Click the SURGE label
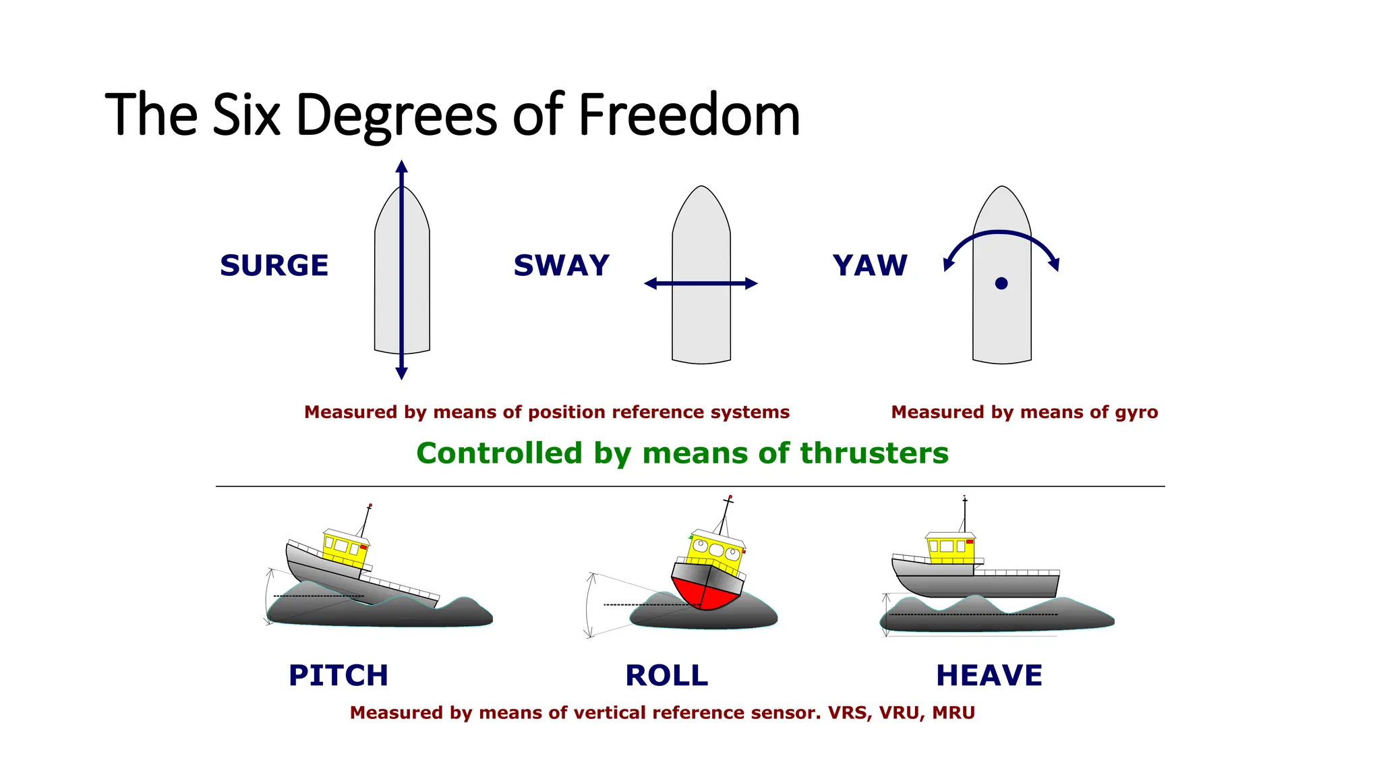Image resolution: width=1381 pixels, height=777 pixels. [x=274, y=265]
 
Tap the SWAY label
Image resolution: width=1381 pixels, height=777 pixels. [x=561, y=265]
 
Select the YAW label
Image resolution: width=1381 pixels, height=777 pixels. [x=870, y=265]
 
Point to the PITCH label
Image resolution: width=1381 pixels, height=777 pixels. [x=338, y=675]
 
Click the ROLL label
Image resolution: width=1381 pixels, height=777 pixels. [x=666, y=675]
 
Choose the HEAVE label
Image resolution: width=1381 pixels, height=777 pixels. [x=989, y=675]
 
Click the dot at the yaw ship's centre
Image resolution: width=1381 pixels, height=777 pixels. [x=1001, y=283]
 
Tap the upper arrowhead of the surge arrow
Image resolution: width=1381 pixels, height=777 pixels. [x=401, y=167]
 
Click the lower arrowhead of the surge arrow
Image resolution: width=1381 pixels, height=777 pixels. [x=401, y=373]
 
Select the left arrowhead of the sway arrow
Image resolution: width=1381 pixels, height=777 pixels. [x=651, y=283]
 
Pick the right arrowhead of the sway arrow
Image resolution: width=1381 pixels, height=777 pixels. [x=751, y=283]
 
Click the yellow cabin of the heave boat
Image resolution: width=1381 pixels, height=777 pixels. [x=951, y=548]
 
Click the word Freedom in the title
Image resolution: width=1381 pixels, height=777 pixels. [x=688, y=115]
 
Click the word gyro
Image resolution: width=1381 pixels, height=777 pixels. [x=1136, y=412]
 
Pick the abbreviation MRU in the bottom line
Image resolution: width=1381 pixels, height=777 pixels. [x=953, y=712]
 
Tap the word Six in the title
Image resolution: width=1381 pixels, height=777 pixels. [x=246, y=115]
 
